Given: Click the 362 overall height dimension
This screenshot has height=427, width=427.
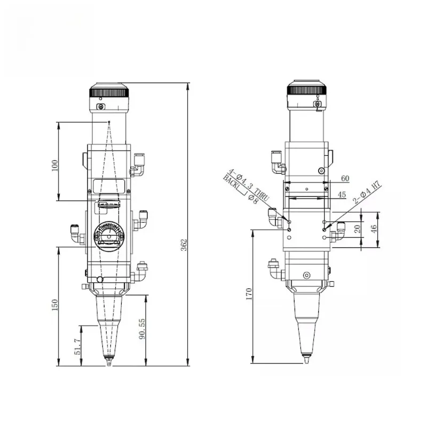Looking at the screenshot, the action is tap(184, 244).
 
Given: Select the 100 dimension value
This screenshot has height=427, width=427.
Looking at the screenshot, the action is tap(55, 165).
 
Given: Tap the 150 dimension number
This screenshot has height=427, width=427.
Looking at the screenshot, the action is tap(55, 305).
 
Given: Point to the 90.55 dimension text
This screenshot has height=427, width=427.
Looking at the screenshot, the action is tap(142, 329).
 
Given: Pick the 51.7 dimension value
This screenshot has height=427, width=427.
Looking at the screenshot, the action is tap(77, 346).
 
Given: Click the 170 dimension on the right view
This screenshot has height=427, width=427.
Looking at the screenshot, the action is tap(249, 294).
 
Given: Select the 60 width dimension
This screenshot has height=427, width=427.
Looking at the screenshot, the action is tap(345, 178).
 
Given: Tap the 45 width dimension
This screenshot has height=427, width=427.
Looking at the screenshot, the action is tap(342, 195).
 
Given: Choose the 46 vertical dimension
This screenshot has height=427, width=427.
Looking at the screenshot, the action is tap(374, 229).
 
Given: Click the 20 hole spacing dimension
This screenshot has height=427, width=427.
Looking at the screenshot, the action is tap(358, 229).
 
